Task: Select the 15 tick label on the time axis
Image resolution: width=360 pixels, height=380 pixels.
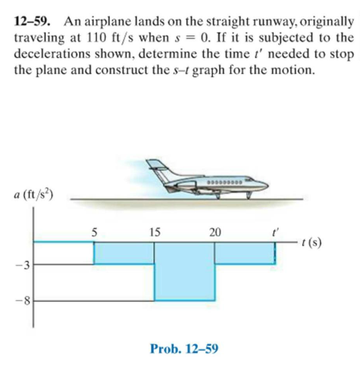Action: click(x=154, y=232)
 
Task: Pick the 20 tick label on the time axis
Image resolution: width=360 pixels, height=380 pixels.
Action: click(x=215, y=232)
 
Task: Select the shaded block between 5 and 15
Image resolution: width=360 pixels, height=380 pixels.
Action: click(x=124, y=253)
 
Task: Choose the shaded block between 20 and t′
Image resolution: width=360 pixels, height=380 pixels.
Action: click(x=244, y=253)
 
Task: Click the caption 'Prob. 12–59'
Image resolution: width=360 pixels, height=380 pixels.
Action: click(x=184, y=350)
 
